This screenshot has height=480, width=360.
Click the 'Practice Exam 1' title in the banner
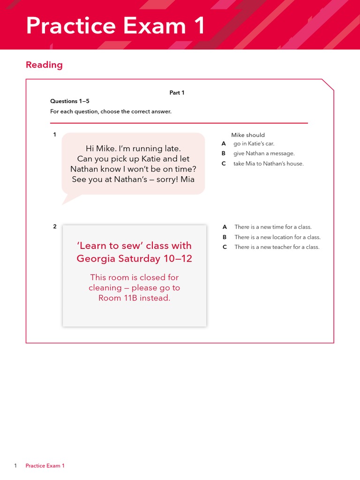click(x=115, y=25)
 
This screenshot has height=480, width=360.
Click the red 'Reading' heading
click(x=44, y=65)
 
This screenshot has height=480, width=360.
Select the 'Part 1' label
click(x=177, y=93)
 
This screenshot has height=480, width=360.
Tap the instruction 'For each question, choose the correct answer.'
click(x=111, y=112)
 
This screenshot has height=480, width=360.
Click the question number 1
click(x=54, y=135)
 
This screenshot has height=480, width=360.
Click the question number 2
click(x=54, y=227)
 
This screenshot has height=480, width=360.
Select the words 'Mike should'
click(x=247, y=135)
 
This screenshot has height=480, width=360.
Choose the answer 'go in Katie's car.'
click(x=254, y=144)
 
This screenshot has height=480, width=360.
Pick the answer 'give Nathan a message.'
click(x=264, y=154)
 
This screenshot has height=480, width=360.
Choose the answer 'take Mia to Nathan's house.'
click(x=268, y=164)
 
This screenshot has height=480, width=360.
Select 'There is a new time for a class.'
click(x=273, y=227)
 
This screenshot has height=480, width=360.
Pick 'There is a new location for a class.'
click(x=277, y=237)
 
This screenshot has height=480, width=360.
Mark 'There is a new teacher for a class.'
click(x=277, y=247)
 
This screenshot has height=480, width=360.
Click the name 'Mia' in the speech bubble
click(x=187, y=180)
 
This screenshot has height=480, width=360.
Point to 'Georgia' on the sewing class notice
click(x=96, y=259)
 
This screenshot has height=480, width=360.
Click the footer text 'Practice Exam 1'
click(x=45, y=465)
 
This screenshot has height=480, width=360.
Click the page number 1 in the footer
click(x=15, y=465)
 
